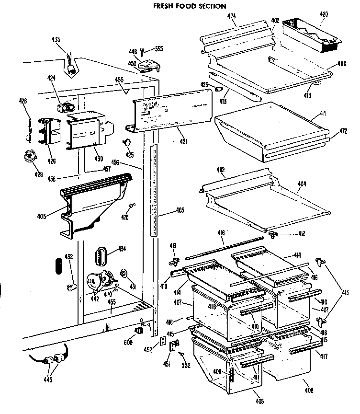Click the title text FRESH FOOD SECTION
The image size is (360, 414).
[190, 6]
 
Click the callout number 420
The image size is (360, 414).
[324, 14]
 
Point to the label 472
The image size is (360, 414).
[343, 131]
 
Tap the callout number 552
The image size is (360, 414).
[186, 365]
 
